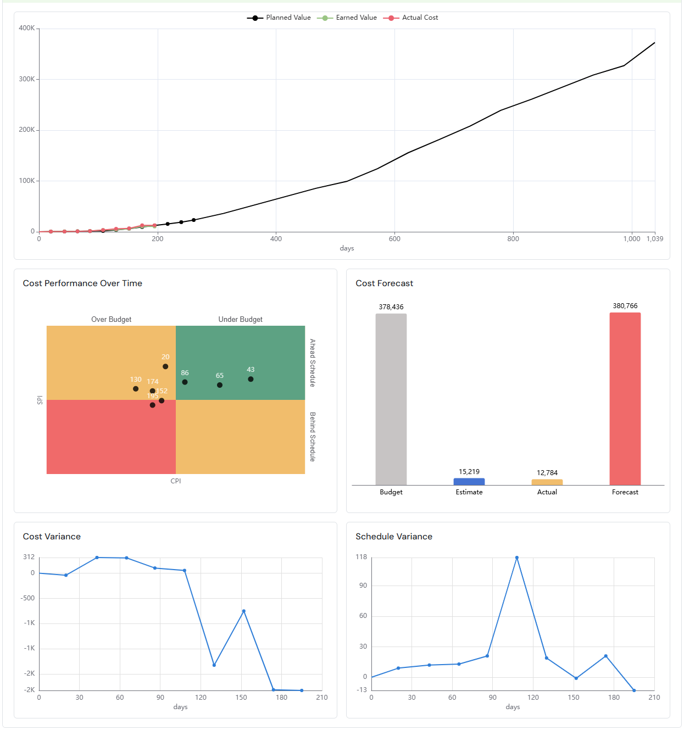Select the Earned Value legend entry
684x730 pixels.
[347, 18]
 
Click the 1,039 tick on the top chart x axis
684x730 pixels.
[654, 239]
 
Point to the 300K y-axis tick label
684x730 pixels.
[27, 79]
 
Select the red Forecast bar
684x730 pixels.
[625, 399]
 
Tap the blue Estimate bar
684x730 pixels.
[469, 482]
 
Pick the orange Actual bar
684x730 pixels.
[547, 482]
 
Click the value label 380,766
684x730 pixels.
[625, 306]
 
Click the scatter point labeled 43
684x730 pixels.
[251, 379]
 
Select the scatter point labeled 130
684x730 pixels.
[136, 389]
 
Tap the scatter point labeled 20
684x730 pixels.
[165, 366]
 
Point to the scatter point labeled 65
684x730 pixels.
[220, 385]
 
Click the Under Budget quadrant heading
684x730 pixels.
[240, 320]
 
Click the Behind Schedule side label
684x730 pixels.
[313, 437]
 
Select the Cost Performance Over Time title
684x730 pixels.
[82, 283]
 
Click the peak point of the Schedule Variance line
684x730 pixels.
[517, 558]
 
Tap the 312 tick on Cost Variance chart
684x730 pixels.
[29, 557]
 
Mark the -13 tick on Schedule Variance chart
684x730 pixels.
[362, 690]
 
